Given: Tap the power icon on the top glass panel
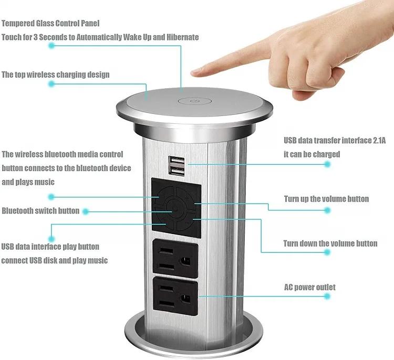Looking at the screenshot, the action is click(x=194, y=101).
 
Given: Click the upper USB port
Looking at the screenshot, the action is click(x=177, y=161).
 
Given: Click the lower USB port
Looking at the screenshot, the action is click(x=177, y=171).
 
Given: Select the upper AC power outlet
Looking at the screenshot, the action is click(x=175, y=258).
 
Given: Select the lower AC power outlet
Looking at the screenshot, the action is click(x=175, y=296).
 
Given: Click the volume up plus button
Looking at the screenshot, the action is click(x=186, y=198).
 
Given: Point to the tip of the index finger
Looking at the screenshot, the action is click(x=193, y=73).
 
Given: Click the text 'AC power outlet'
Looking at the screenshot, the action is click(x=310, y=287).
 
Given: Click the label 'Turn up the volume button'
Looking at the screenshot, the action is click(x=326, y=199).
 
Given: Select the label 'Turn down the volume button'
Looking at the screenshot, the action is click(x=330, y=243).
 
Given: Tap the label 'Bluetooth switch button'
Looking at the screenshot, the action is click(x=40, y=210).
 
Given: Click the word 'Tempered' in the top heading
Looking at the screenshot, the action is click(x=18, y=24).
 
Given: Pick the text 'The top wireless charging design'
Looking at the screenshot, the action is click(x=56, y=75).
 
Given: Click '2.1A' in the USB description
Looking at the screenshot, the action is click(x=379, y=140).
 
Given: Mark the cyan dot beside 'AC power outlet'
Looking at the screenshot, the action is click(x=327, y=296).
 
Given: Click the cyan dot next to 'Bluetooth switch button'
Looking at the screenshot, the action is click(x=86, y=211).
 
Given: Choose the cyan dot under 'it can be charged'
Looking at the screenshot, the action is click(x=327, y=164).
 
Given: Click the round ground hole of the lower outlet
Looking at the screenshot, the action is click(x=186, y=299).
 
